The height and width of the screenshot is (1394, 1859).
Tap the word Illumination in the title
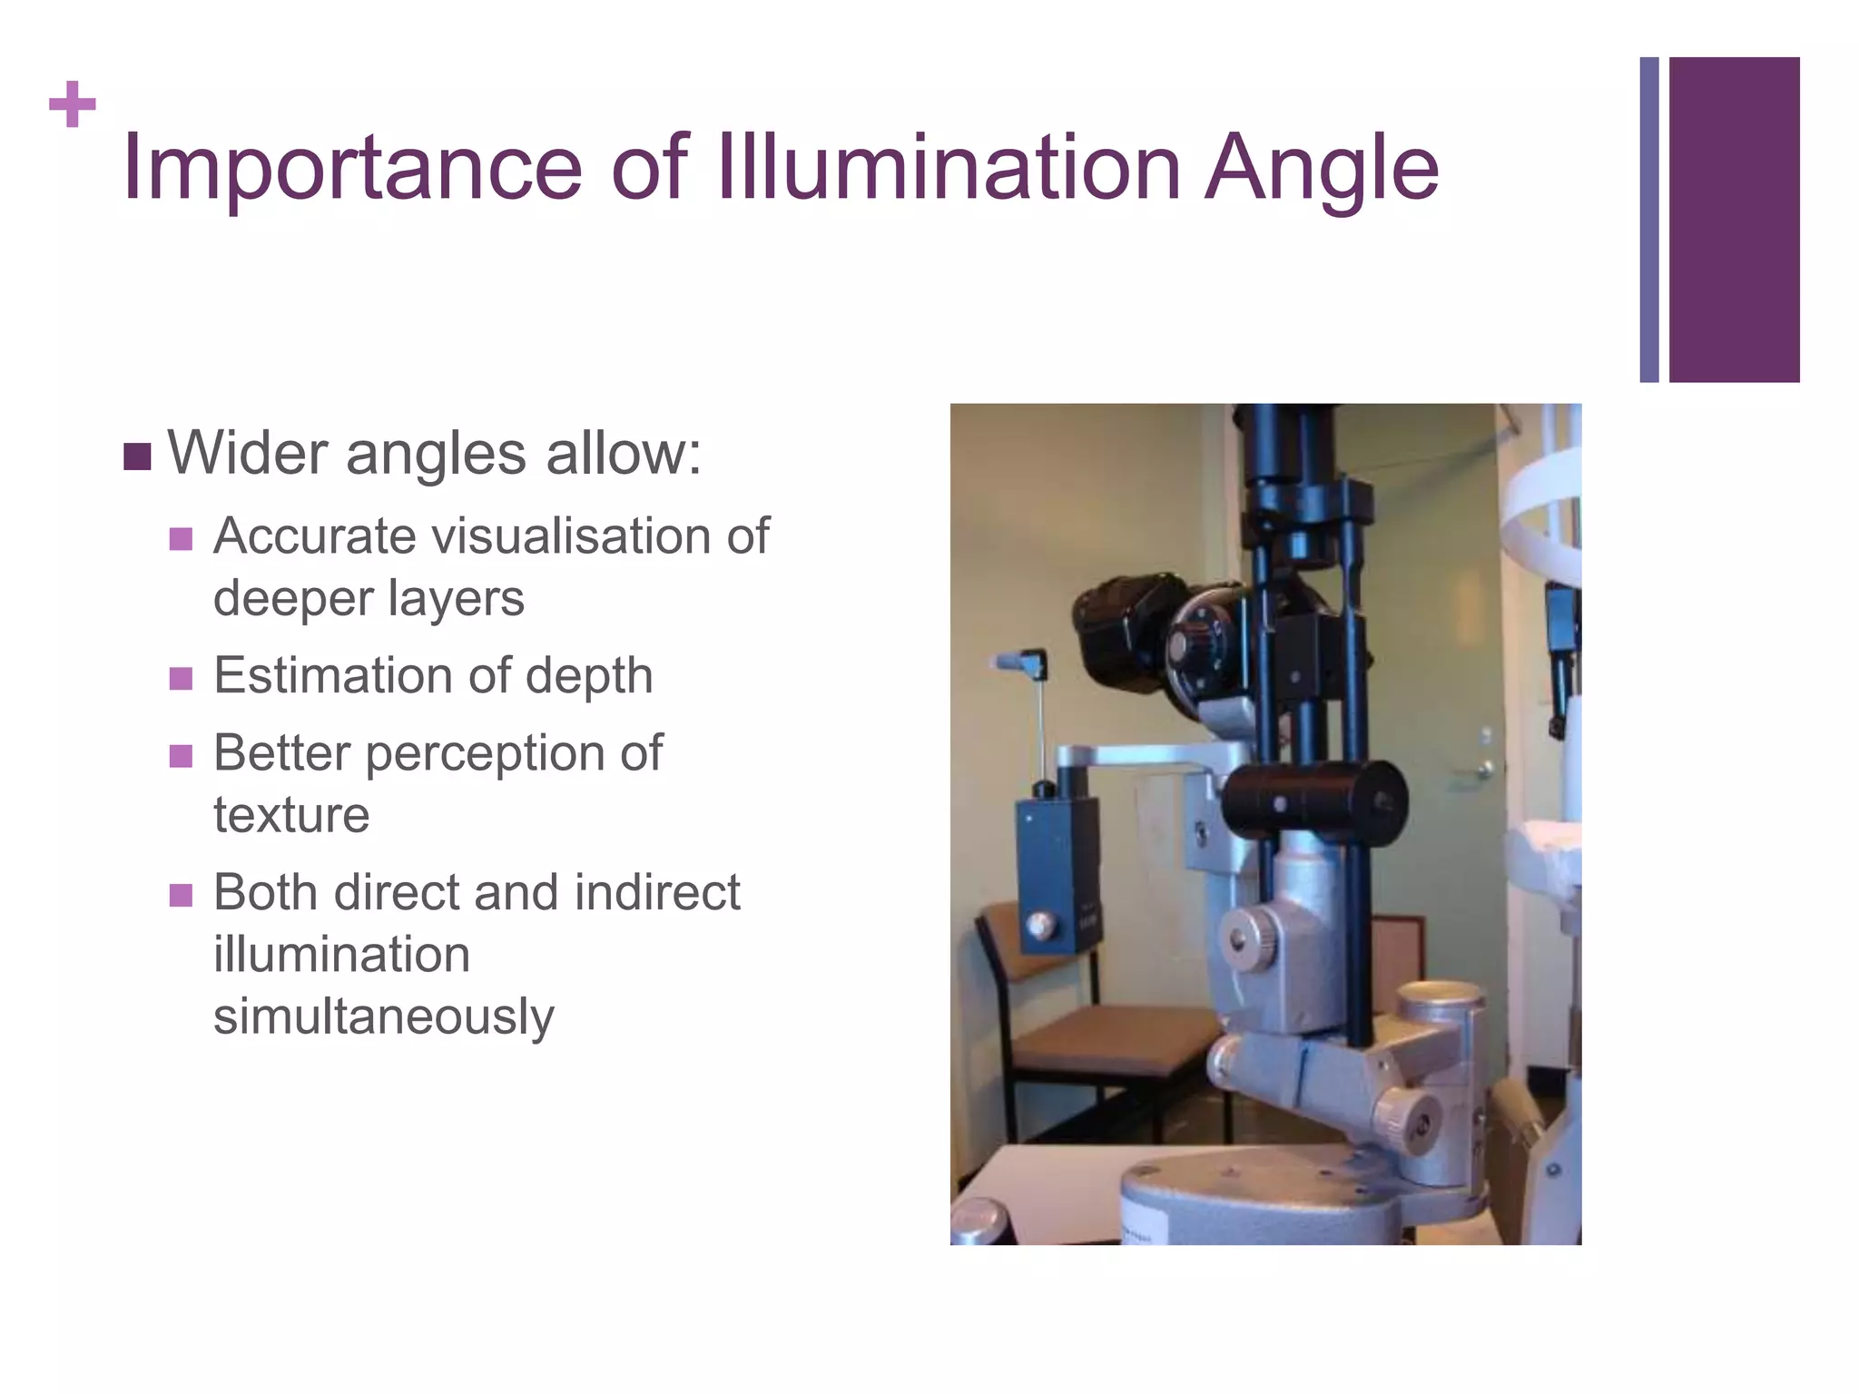click(949, 167)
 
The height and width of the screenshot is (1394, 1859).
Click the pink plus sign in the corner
click(73, 104)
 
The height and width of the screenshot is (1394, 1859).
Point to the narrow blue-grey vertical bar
click(1648, 220)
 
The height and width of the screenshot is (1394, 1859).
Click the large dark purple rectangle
click(1734, 220)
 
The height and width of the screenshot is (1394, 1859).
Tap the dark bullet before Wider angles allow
click(137, 456)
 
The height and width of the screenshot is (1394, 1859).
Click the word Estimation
click(333, 675)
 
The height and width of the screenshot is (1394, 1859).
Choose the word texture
click(291, 814)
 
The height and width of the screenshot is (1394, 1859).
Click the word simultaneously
click(383, 1016)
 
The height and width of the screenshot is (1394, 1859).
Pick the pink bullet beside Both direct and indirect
click(181, 896)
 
